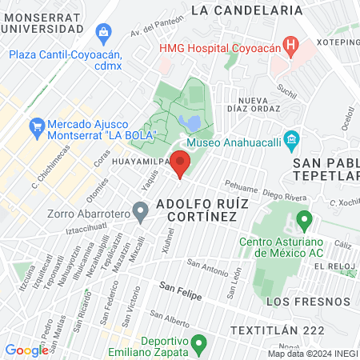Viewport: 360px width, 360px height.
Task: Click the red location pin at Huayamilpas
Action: pos(181,163)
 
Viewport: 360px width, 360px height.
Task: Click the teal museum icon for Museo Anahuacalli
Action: pos(291,142)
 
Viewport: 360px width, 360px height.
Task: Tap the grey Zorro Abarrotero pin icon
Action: pos(141,212)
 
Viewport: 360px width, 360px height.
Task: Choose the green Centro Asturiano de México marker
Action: pos(303,218)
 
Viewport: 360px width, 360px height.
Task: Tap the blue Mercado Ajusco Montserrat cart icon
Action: pos(36,126)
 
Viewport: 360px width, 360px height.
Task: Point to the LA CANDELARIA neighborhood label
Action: pos(248,10)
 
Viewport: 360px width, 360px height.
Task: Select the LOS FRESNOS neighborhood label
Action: pos(308,302)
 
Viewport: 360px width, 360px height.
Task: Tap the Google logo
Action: pos(26,350)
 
